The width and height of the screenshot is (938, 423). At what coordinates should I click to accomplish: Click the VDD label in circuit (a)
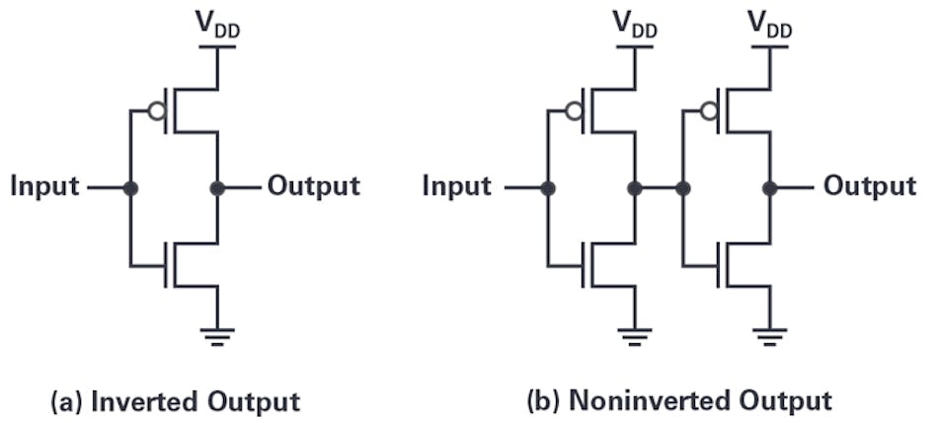[x=218, y=28]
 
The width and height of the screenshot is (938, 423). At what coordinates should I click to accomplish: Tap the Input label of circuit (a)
[x=45, y=186]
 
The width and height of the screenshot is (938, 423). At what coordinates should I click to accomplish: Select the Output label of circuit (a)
[x=314, y=186]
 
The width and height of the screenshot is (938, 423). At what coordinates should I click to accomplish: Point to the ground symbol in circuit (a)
[x=218, y=333]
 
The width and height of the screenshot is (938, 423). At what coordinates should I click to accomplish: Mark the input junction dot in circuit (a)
[x=129, y=187]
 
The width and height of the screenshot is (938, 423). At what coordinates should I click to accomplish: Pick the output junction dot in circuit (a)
[x=218, y=187]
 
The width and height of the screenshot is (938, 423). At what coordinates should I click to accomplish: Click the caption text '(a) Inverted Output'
[x=174, y=402]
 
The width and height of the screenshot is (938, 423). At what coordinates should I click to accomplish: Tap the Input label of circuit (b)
[x=456, y=186]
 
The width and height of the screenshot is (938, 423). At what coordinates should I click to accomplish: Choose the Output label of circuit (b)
[x=870, y=186]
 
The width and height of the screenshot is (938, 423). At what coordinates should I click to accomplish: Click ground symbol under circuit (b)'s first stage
[x=635, y=333]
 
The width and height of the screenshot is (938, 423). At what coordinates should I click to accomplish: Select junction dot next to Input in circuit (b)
[x=547, y=187]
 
